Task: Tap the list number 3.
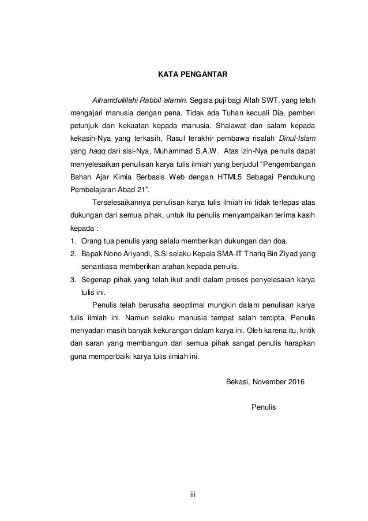[x=73, y=282]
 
